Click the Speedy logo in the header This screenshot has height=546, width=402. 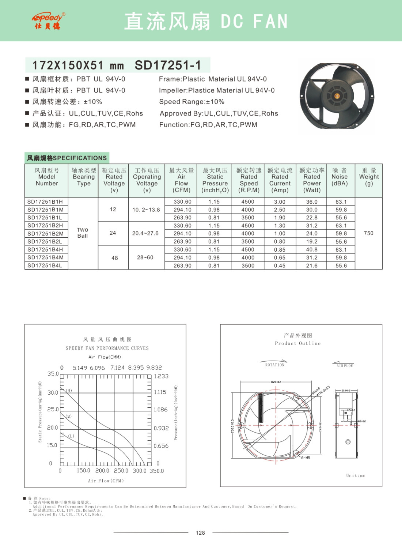[x=48, y=21]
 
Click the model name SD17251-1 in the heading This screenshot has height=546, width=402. [x=168, y=65]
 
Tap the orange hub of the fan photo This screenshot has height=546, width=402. [x=337, y=96]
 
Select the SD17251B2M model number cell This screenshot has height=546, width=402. [x=45, y=234]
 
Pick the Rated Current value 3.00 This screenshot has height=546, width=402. [x=280, y=202]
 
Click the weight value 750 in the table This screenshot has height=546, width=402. [x=368, y=233]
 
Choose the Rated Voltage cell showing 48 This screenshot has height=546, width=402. [x=114, y=258]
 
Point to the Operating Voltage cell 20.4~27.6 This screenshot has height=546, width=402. [x=145, y=233]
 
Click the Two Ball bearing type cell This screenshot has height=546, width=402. [x=83, y=233]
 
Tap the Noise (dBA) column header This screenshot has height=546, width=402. [x=340, y=177]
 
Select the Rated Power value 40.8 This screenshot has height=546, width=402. [x=312, y=250]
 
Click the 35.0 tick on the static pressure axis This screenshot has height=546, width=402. [x=53, y=374]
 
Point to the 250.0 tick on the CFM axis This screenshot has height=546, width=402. [x=121, y=471]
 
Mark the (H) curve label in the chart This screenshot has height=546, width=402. [x=69, y=391]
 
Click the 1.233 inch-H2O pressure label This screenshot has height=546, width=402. [x=161, y=376]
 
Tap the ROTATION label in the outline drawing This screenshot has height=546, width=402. [x=274, y=365]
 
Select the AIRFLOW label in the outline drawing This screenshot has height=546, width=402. [x=345, y=366]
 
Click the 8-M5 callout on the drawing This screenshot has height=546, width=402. [x=306, y=457]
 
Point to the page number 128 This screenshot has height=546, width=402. [x=200, y=533]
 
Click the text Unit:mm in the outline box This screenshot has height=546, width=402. [x=356, y=475]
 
